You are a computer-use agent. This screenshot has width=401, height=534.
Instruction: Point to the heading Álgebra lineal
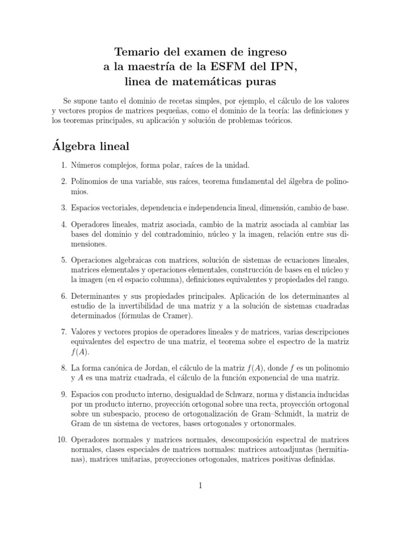tap(97, 145)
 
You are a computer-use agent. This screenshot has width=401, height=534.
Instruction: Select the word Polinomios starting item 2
tap(91, 181)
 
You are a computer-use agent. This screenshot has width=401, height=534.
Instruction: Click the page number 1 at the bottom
tap(200, 486)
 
